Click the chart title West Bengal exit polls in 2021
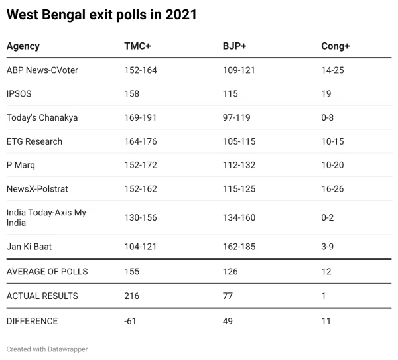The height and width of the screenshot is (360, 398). (101, 15)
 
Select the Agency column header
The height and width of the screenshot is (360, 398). (23, 46)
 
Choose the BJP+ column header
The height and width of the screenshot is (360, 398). (234, 46)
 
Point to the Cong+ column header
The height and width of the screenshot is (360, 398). (335, 46)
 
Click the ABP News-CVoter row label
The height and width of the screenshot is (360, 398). (42, 70)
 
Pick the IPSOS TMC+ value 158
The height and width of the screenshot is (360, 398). (132, 94)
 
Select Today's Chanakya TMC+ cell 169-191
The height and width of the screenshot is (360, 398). (141, 117)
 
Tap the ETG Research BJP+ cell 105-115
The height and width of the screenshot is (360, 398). (239, 141)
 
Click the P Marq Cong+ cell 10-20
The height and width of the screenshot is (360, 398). (332, 165)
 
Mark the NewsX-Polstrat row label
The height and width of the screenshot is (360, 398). (37, 189)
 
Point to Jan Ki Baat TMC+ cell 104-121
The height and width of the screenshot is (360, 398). (141, 247)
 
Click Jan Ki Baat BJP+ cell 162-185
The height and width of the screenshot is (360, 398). (239, 247)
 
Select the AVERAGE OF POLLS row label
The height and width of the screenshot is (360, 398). (47, 271)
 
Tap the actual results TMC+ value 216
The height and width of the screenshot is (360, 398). (132, 296)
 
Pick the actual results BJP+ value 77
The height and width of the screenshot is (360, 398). (229, 296)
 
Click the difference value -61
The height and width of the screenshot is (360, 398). (131, 321)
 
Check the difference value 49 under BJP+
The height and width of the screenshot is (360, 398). (229, 321)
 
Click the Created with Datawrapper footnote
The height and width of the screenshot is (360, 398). (47, 349)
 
